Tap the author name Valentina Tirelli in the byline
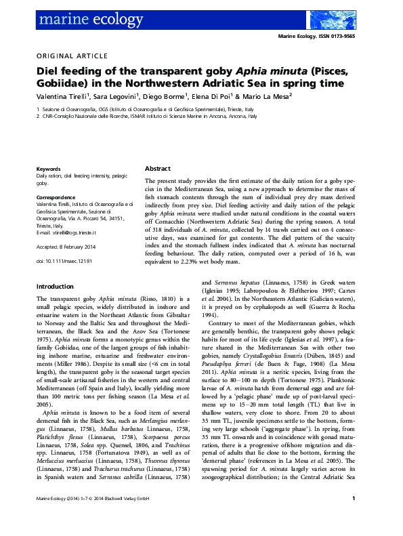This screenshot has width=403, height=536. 62,97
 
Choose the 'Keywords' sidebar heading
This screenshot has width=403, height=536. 49,168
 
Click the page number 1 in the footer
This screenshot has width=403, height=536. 355,518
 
